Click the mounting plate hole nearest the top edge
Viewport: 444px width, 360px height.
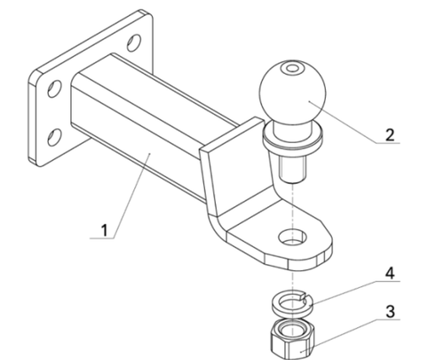pos(132,41)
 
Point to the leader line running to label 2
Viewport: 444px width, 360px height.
pos(351,124)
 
